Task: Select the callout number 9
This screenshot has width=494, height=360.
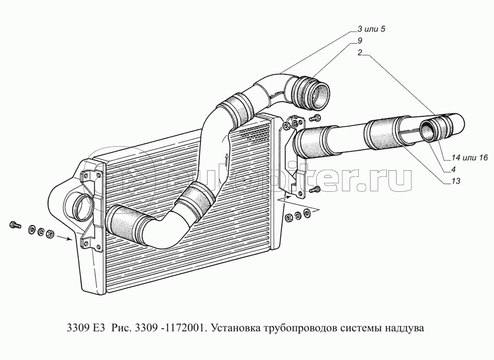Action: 360,41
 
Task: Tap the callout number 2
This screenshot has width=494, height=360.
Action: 360,52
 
